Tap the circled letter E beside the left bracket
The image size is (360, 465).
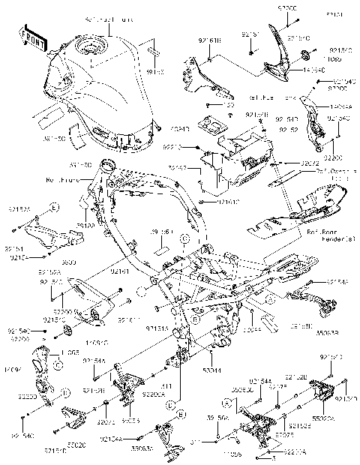point(55,205)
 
